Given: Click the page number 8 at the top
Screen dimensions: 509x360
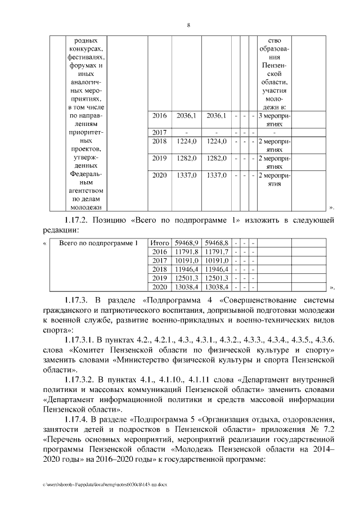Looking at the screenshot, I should [x=188, y=25].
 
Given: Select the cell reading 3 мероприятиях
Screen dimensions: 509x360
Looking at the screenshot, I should [x=273, y=119].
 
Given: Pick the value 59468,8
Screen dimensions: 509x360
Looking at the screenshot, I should [x=216, y=242].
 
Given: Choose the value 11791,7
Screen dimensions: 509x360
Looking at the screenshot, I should [x=216, y=251].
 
